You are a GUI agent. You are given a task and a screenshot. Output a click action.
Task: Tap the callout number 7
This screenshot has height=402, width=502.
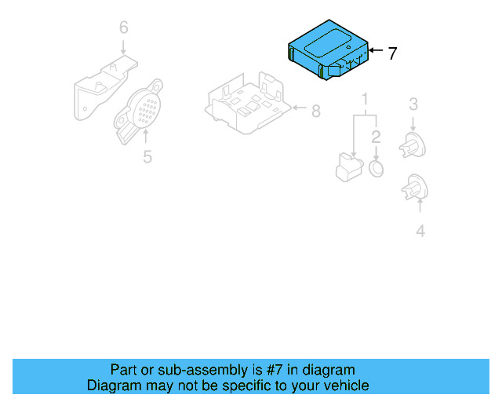coord(392,53)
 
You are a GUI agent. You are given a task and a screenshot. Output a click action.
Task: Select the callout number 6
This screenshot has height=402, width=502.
coord(123,28)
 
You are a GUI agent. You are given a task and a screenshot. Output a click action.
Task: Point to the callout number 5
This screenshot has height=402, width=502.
coord(147,157)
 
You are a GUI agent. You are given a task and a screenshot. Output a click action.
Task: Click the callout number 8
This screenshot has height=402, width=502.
coord(315,111)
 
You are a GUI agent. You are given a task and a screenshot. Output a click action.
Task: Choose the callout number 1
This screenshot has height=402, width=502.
coord(365,99)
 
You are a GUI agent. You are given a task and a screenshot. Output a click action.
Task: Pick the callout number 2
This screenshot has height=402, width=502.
coord(376,137)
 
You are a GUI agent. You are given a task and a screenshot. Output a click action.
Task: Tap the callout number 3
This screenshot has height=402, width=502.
coord(413,104)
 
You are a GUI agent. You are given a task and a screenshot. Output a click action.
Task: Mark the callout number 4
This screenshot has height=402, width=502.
coord(420,231)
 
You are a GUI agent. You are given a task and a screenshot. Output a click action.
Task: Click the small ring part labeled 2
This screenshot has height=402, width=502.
coord(376,170)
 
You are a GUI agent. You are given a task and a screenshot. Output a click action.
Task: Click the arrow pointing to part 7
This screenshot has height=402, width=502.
coord(375,52)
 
